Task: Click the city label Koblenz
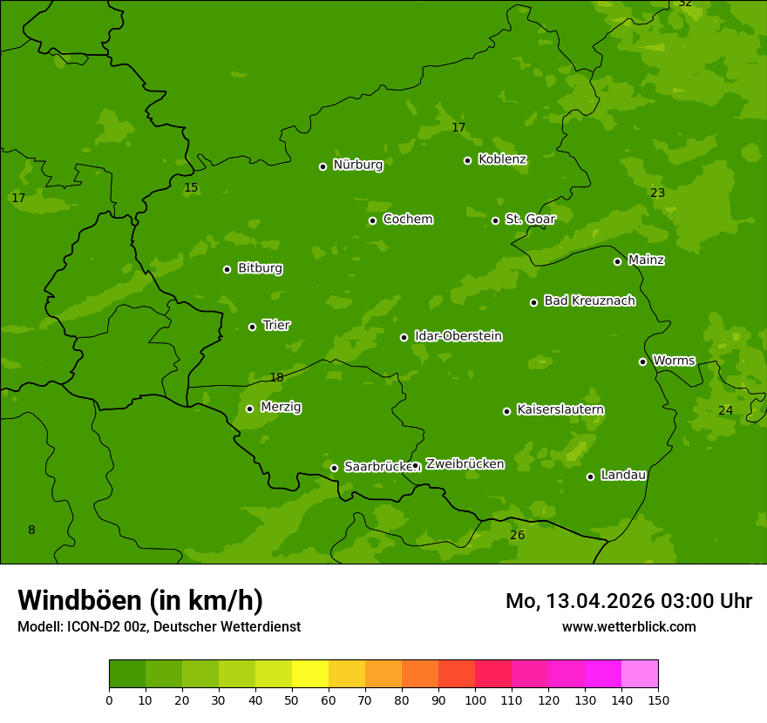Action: (502, 159)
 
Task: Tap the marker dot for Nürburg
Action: (322, 166)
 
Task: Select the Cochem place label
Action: (407, 219)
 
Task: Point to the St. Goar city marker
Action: (495, 220)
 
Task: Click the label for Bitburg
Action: (260, 268)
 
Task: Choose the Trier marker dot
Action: (252, 327)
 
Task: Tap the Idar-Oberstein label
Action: (458, 336)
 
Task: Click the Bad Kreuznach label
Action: (589, 301)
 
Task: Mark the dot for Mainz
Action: (617, 261)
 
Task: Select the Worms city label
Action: (674, 361)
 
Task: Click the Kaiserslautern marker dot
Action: (506, 411)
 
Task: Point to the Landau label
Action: (623, 475)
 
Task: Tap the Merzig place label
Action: (281, 407)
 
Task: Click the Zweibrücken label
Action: (465, 464)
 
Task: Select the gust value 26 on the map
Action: (517, 535)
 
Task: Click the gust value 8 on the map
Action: (31, 530)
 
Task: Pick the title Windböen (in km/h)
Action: (140, 600)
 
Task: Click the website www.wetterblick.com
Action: (628, 626)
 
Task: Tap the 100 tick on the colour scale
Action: (475, 699)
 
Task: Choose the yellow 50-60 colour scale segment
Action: (310, 673)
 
